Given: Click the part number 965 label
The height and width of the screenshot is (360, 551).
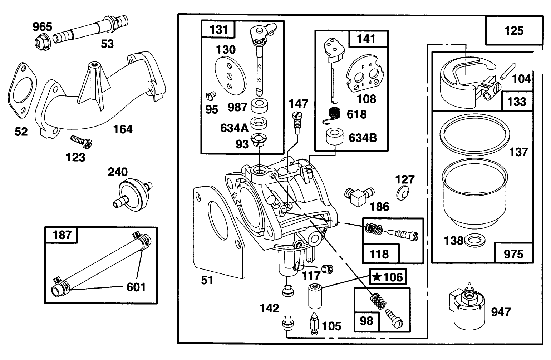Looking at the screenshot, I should point(42,26).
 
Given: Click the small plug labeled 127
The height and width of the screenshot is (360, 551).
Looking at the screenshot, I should point(403,193).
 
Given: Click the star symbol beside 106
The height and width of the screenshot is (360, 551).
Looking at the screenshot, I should point(376,277).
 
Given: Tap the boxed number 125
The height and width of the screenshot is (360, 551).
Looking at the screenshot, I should point(513,31).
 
